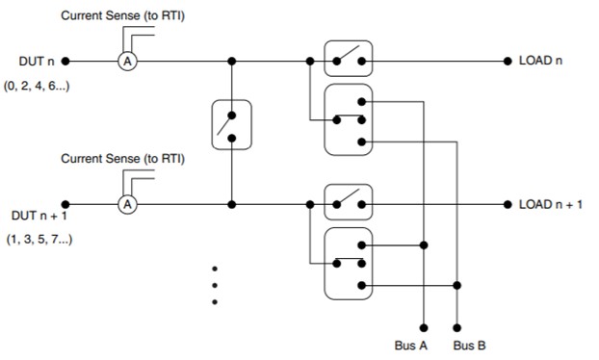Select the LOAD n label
tap(539, 61)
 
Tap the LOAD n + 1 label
tap(550, 204)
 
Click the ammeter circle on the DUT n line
tap(125, 61)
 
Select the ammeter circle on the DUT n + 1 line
tap(125, 204)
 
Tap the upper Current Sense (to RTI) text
tap(122, 16)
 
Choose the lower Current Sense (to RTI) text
tap(122, 159)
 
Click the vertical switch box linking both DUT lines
tap(231, 124)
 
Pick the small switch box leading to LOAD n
tap(347, 60)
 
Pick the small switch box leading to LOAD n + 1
tap(347, 203)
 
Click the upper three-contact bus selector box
tap(347, 119)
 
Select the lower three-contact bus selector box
tap(347, 264)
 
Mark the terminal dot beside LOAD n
tap(508, 61)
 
